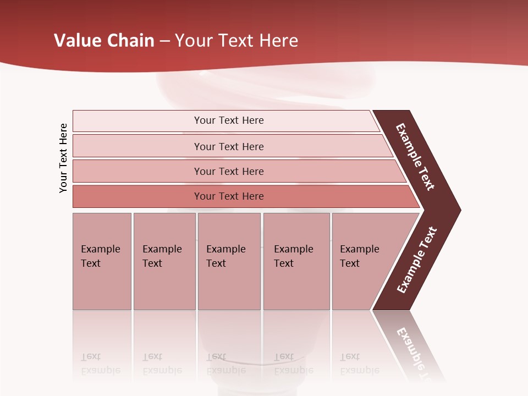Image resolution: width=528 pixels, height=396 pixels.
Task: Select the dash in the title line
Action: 164,41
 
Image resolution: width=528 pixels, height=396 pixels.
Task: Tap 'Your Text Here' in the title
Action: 237,41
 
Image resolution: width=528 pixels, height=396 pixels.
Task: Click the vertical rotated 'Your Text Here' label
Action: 63,158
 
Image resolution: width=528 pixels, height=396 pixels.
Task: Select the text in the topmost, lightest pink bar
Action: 229,120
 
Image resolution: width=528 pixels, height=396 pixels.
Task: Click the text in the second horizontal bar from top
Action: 229,147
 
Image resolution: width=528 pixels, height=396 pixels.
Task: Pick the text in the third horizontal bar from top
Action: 229,172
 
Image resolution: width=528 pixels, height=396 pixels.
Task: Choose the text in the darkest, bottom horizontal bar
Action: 229,196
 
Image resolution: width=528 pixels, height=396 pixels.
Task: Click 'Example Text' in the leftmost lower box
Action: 100,256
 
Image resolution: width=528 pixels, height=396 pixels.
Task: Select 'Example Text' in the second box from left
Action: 162,256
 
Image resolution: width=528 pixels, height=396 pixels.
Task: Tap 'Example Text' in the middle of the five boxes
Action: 226,256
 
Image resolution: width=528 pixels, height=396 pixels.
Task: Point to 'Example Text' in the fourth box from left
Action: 293,256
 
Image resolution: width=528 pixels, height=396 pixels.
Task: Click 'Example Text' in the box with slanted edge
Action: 359,256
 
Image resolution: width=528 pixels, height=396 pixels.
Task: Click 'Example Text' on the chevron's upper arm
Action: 415,157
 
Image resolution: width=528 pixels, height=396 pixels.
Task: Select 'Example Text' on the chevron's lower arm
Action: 416,260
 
